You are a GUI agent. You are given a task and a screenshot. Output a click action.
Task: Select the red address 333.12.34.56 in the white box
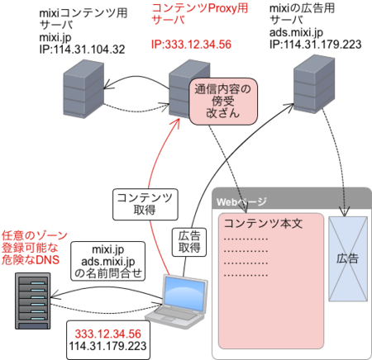[x=108, y=333]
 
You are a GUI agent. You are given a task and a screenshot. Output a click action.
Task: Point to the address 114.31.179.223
[x=108, y=345]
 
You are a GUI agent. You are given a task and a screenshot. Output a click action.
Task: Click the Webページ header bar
[x=289, y=201]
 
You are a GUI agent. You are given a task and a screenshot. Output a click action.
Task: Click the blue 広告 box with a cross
[x=348, y=258]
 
